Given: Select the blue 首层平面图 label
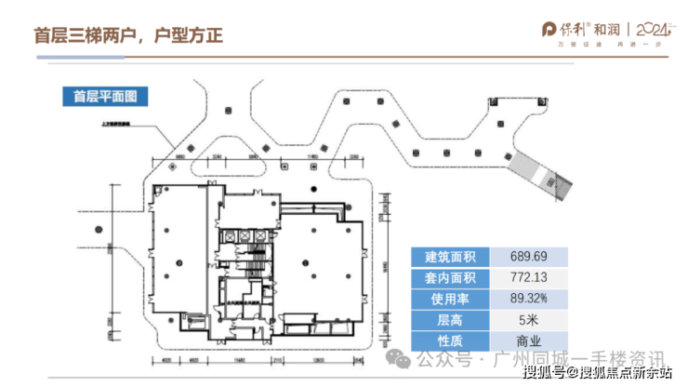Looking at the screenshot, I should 104,96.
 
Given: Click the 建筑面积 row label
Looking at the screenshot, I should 449,256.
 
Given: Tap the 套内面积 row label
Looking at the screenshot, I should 449,277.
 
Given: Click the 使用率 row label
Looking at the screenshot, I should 449,299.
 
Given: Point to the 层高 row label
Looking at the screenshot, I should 449,320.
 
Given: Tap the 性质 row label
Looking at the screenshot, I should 449,341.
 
